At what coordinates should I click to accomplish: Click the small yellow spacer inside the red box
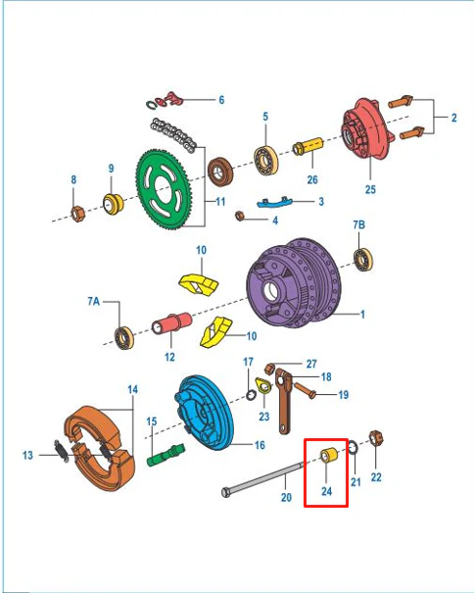328,455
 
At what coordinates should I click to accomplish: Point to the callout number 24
326,491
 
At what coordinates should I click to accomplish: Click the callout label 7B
359,224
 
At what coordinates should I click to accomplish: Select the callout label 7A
93,301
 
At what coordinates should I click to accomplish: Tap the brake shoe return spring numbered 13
62,451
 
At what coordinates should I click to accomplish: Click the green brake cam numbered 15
166,455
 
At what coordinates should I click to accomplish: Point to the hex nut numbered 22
376,439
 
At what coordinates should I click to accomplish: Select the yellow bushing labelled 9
113,204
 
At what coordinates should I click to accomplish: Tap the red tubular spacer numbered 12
171,323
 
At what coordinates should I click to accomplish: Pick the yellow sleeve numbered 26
308,146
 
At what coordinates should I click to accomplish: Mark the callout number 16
260,445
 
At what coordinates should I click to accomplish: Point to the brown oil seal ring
220,172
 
